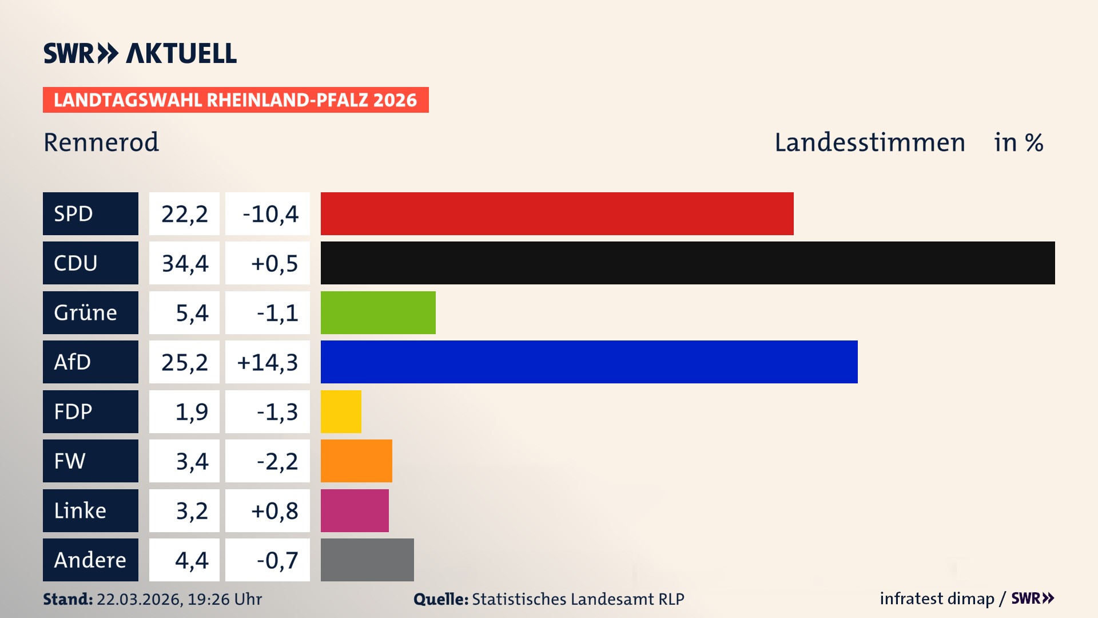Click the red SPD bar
tap(557, 213)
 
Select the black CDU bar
tap(687, 263)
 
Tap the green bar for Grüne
tap(378, 312)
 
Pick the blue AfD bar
tap(589, 362)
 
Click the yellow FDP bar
tap(341, 411)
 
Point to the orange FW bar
tap(356, 461)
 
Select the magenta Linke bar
tap(355, 510)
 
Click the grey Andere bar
tap(367, 560)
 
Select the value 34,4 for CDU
tap(184, 263)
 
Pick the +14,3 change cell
tap(268, 362)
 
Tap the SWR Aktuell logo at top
tap(140, 53)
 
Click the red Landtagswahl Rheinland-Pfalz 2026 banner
tap(236, 100)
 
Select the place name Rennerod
tap(101, 142)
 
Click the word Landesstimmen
tap(869, 142)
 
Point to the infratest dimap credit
tap(936, 599)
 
